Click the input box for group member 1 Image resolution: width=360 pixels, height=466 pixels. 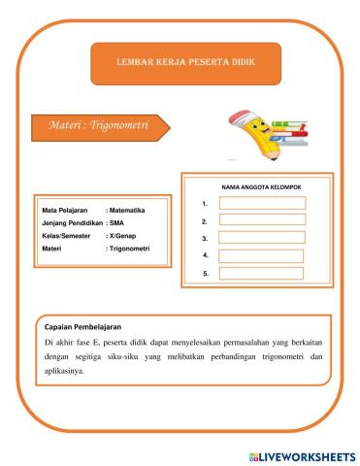coord(261,203)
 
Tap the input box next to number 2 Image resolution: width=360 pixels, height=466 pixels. coord(261,220)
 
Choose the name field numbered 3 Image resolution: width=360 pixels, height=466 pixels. coord(261,238)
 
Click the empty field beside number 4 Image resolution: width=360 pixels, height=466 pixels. coord(261,255)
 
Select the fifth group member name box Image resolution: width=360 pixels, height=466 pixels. coord(261,274)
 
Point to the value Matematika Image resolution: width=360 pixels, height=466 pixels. coord(127,210)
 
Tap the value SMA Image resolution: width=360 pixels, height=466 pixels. coord(117,222)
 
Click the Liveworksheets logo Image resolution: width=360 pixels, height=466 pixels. coord(301,455)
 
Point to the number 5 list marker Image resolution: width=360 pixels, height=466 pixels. coord(206,274)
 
